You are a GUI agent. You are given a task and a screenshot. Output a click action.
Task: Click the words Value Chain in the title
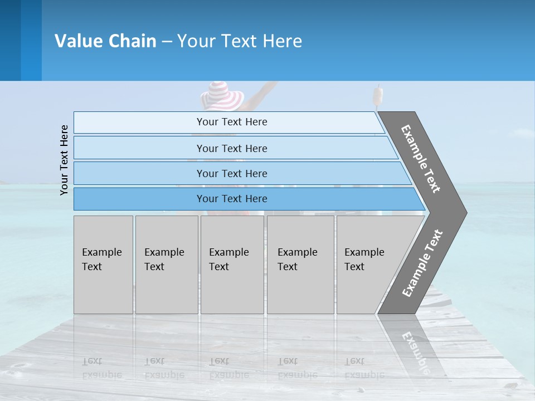pyautogui.click(x=105, y=41)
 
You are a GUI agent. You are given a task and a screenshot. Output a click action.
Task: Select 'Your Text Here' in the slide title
pyautogui.click(x=240, y=41)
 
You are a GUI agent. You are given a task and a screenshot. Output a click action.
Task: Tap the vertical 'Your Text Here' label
pyautogui.click(x=64, y=160)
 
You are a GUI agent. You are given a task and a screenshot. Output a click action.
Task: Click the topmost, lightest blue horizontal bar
pyautogui.click(x=231, y=122)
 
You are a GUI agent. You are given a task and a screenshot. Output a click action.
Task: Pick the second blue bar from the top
pyautogui.click(x=231, y=148)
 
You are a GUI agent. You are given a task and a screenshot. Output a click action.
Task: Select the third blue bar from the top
pyautogui.click(x=231, y=173)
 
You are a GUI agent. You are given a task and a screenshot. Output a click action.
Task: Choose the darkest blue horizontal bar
pyautogui.click(x=231, y=199)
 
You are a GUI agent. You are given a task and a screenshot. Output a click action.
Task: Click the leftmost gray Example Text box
pyautogui.click(x=103, y=265)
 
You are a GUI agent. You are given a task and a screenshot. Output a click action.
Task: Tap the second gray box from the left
pyautogui.click(x=167, y=265)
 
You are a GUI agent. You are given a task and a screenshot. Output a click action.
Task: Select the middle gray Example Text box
pyautogui.click(x=232, y=265)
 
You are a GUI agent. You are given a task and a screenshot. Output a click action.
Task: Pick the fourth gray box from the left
pyautogui.click(x=300, y=265)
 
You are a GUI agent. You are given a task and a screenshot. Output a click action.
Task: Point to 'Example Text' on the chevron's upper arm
pyautogui.click(x=421, y=159)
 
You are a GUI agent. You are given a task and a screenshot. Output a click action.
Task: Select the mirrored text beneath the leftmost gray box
pyautogui.click(x=102, y=368)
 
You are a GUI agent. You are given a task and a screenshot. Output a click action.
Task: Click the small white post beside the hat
pyautogui.click(x=378, y=96)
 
